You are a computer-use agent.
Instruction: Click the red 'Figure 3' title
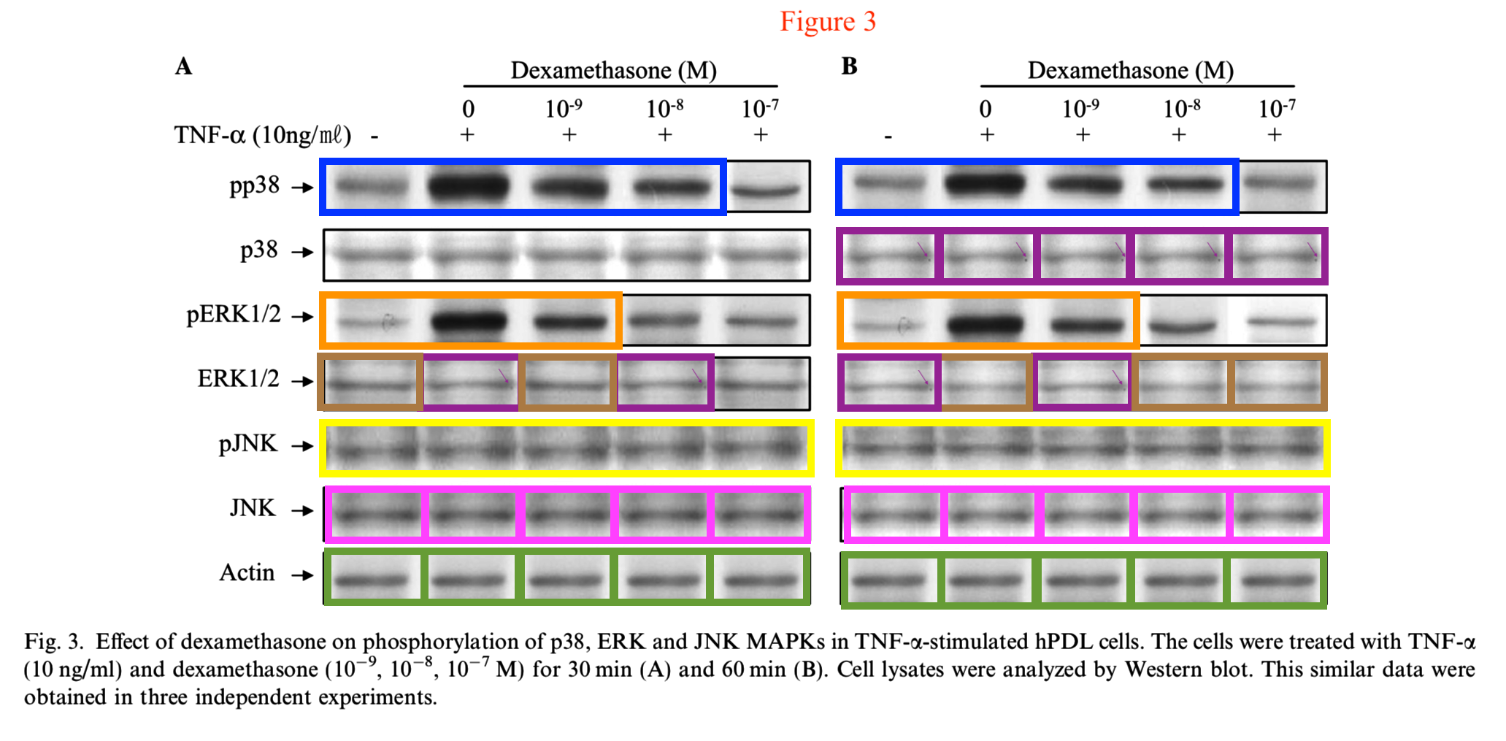[827, 21]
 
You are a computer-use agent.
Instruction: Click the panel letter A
[183, 66]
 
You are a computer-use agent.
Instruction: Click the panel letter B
[849, 66]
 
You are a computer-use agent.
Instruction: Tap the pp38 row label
[254, 186]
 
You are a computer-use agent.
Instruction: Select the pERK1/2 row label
[234, 315]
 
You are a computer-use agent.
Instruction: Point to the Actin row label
[247, 572]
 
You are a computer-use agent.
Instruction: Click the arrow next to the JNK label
[302, 510]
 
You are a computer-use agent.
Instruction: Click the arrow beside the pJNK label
[302, 446]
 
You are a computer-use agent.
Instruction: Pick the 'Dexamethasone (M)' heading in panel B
[1131, 70]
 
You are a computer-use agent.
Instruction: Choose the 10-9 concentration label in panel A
[564, 109]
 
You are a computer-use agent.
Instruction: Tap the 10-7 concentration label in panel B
[1277, 109]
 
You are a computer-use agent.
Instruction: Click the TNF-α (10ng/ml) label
[262, 135]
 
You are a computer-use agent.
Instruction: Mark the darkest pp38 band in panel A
[468, 187]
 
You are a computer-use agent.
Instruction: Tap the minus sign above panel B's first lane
[888, 137]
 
